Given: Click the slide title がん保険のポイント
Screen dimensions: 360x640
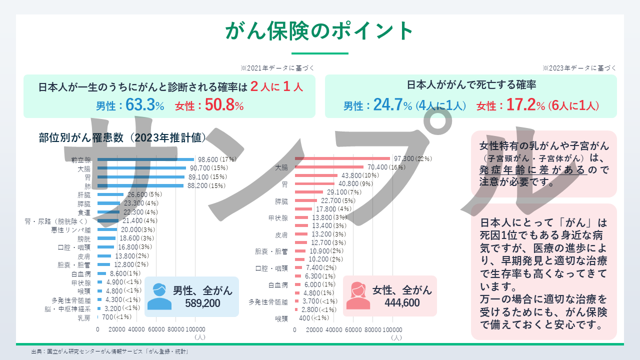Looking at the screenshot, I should [319, 31].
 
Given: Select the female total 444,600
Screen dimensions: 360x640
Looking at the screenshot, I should [402, 302].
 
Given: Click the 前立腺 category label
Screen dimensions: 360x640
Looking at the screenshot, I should [81, 160].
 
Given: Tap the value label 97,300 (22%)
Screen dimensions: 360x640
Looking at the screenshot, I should [412, 158].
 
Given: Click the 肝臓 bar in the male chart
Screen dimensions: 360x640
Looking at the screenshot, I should [110, 194].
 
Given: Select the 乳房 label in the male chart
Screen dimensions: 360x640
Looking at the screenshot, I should [84, 317].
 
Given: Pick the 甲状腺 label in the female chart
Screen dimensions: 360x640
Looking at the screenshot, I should [278, 218].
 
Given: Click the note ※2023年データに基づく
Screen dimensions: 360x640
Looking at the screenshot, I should [579, 68].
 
